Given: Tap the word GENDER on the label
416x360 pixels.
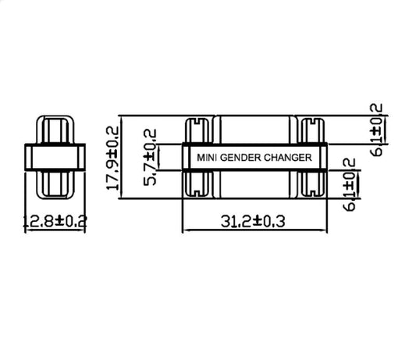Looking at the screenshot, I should pyautogui.click(x=239, y=157).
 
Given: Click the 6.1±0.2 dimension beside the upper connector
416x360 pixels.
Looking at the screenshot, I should pyautogui.click(x=378, y=128).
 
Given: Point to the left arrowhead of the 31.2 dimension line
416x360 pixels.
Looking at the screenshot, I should pyautogui.click(x=185, y=231).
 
